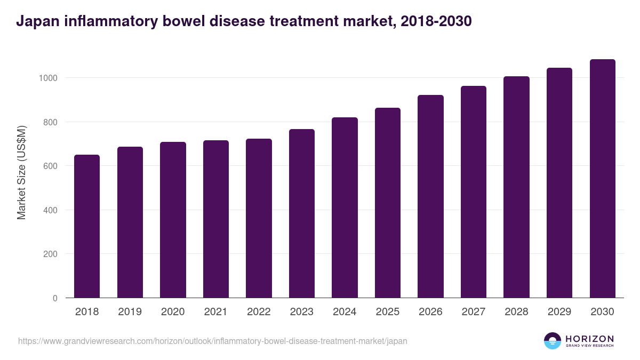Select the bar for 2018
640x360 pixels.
click(x=87, y=226)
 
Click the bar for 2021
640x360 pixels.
click(x=216, y=219)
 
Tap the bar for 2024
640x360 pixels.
click(x=345, y=207)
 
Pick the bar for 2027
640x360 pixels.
click(x=474, y=192)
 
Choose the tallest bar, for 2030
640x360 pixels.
click(x=602, y=179)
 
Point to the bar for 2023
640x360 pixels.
click(x=302, y=213)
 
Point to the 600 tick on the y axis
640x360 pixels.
click(x=50, y=166)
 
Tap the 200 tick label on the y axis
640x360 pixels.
click(x=50, y=254)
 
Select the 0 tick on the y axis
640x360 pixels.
click(x=54, y=298)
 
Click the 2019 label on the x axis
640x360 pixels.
click(x=130, y=312)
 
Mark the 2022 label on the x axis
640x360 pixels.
click(x=259, y=312)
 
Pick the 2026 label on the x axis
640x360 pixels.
click(x=430, y=312)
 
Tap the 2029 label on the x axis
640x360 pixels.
click(x=559, y=312)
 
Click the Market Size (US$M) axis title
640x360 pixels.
click(x=21, y=172)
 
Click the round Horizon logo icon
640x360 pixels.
click(x=553, y=341)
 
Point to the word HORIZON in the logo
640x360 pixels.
click(x=589, y=338)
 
